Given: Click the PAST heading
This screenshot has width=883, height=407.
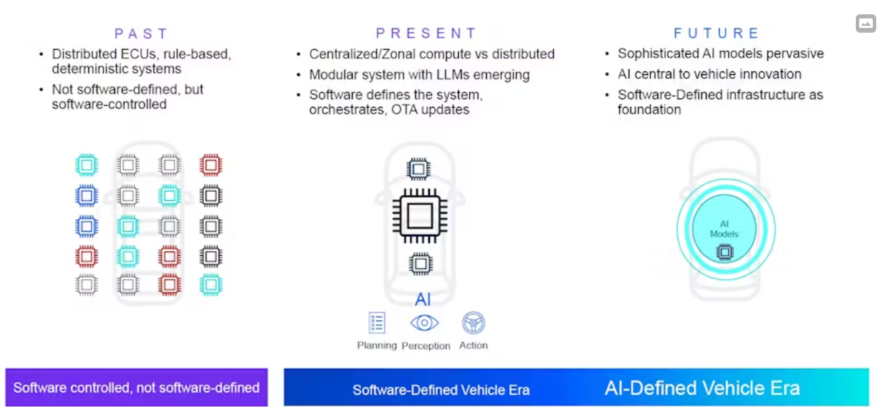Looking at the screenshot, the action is click(141, 33).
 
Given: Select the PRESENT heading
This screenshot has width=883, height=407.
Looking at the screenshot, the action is click(426, 33).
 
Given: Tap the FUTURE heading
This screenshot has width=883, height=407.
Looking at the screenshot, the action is click(716, 33).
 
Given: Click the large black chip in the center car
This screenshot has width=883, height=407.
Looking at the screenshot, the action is click(420, 216).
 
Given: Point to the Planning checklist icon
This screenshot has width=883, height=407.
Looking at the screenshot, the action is click(377, 323).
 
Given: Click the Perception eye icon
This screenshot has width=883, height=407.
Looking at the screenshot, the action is click(424, 323).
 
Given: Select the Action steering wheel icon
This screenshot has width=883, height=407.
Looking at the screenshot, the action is click(473, 323).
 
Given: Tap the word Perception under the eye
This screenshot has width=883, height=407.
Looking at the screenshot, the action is click(426, 346).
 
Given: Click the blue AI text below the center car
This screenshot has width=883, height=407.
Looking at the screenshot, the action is click(423, 299).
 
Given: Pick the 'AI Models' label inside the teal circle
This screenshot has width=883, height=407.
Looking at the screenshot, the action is click(724, 229).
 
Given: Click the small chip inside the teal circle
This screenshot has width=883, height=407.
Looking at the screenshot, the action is click(724, 252).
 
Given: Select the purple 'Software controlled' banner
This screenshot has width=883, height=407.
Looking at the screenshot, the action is click(136, 387).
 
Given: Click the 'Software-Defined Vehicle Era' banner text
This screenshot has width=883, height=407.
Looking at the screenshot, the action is click(440, 390).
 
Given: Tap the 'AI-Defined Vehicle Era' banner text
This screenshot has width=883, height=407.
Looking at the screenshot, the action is click(702, 388).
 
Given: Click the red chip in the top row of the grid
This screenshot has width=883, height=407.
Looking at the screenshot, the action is click(211, 165).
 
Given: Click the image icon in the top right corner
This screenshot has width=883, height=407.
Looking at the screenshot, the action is click(866, 24).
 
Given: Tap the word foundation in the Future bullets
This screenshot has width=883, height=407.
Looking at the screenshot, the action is click(649, 110).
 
